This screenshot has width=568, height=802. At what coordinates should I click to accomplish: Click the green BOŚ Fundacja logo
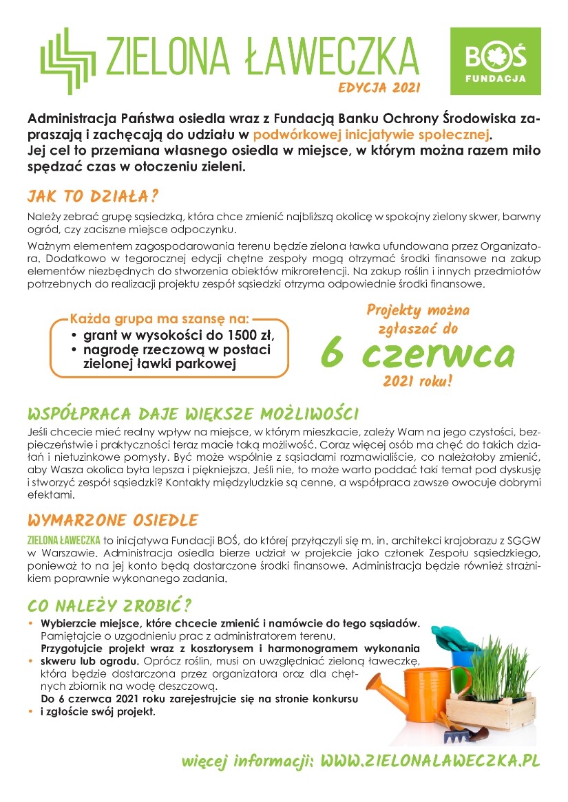click(494, 62)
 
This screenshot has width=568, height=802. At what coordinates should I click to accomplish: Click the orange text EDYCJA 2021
click(379, 88)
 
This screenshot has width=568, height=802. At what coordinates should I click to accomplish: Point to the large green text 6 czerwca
click(417, 353)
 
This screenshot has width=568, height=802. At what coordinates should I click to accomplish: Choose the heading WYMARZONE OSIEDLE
click(112, 519)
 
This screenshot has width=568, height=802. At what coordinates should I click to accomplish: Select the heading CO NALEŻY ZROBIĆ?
click(109, 606)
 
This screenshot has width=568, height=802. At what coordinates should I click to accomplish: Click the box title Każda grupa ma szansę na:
click(160, 320)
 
